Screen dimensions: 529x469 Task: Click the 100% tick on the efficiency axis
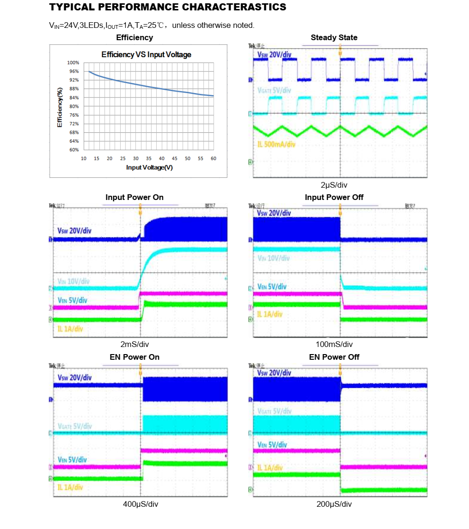click(x=73, y=63)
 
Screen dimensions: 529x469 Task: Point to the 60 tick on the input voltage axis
click(x=213, y=158)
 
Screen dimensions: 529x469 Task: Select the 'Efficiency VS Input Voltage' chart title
click(x=146, y=55)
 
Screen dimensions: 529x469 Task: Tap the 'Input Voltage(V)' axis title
click(x=149, y=167)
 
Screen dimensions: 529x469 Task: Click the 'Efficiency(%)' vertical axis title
click(x=60, y=107)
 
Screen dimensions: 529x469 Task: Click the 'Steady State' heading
click(x=334, y=38)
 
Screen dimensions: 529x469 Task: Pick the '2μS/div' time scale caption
click(x=334, y=185)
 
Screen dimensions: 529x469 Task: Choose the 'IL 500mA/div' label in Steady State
click(x=277, y=144)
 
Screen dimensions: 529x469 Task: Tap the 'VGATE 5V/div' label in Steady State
click(x=274, y=90)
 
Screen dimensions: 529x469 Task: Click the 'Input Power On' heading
click(x=134, y=197)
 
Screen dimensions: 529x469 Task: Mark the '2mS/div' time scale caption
click(x=135, y=344)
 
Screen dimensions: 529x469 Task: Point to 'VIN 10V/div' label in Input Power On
click(x=73, y=281)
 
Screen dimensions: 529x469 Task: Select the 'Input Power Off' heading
click(x=334, y=197)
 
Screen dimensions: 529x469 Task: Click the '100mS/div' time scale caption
click(x=334, y=344)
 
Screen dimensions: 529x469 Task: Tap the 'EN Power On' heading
click(x=134, y=357)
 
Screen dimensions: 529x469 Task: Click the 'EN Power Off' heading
click(x=334, y=357)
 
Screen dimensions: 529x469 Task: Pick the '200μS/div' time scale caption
click(x=334, y=504)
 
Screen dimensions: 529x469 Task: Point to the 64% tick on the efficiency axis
click(x=74, y=141)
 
